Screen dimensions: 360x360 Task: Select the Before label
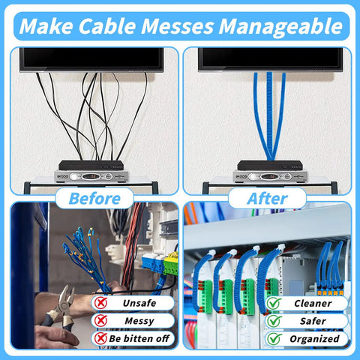pos(94,199)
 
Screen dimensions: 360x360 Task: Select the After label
pos(267,199)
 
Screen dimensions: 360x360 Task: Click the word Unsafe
pos(140,304)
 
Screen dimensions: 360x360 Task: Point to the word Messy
pos(139,321)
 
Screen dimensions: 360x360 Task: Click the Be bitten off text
pos(139,339)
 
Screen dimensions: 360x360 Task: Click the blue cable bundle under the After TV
pos(268,112)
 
